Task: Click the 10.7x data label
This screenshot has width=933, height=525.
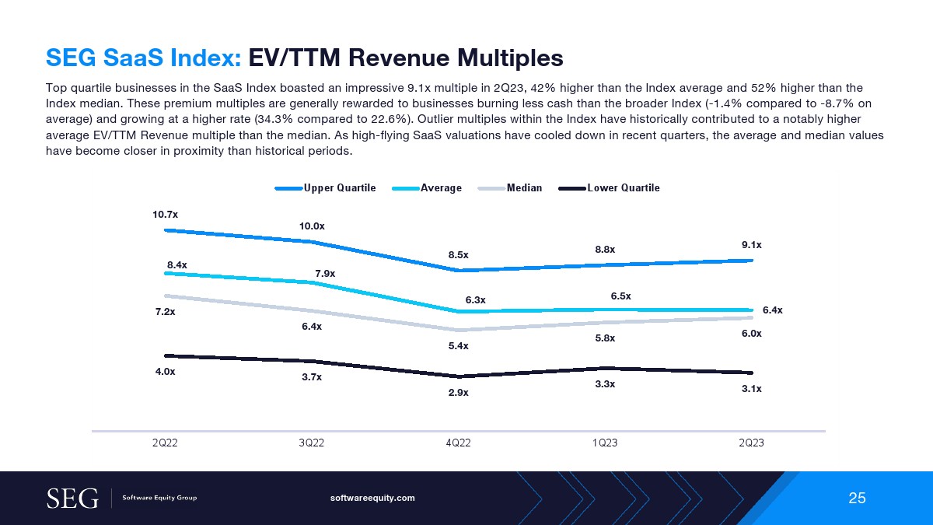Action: pos(165,213)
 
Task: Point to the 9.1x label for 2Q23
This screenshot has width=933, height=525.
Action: pos(751,244)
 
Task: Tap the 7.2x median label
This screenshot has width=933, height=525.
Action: pos(165,311)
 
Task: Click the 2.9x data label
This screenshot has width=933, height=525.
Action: pos(459,392)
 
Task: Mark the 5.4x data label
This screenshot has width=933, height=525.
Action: pos(459,345)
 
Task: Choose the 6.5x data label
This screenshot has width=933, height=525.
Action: pos(620,296)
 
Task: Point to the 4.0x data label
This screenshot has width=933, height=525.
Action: pos(165,372)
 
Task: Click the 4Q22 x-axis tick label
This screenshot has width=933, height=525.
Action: pos(459,443)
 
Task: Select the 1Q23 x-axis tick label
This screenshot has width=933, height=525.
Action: pos(605,443)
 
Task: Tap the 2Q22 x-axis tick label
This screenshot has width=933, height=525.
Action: pos(165,443)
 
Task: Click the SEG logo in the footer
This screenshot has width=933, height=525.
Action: pos(72,498)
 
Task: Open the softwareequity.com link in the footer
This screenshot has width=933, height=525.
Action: pos(372,498)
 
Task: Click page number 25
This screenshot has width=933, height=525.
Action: pos(857,498)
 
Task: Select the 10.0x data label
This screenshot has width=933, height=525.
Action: pos(312,226)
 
